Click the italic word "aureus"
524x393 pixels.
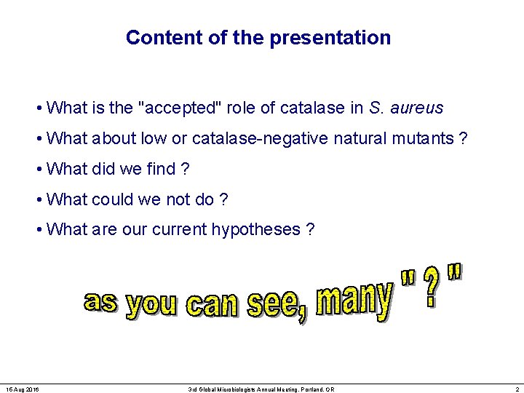point(416,108)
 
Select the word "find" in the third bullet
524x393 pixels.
point(161,169)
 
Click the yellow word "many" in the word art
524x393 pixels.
point(354,298)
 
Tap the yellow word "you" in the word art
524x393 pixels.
point(151,306)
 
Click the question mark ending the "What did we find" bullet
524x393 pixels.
point(185,169)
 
